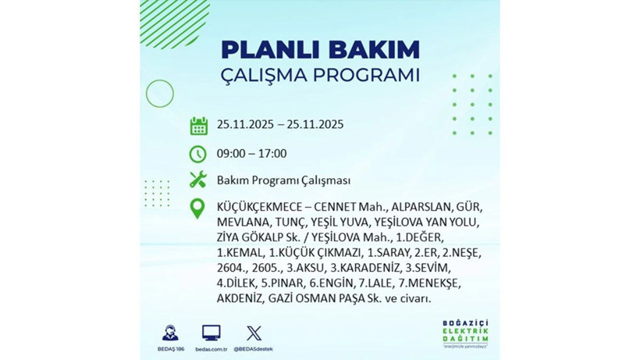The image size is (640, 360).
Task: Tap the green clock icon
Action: click(198, 153)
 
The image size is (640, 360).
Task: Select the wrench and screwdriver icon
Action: click(198, 180)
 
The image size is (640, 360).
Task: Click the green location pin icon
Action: click(198, 208)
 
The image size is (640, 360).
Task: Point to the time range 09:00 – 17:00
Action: click(252, 153)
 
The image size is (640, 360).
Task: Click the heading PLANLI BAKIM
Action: click(320, 49)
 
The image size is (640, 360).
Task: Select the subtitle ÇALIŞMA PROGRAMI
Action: click(320, 77)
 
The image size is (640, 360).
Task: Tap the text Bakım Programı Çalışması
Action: click(283, 180)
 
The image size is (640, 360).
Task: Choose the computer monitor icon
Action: click(211, 332)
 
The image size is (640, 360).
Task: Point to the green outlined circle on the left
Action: click(159, 94)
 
